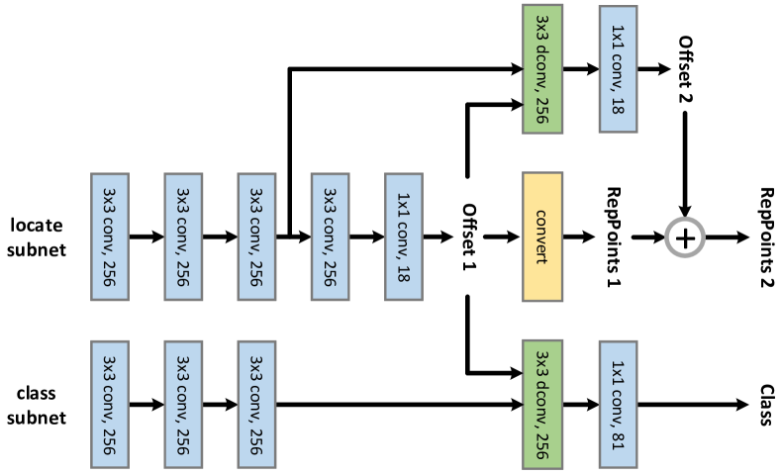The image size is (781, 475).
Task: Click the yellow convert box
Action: click(542, 237)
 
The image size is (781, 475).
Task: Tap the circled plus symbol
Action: click(684, 237)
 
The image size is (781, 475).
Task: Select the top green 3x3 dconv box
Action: click(542, 68)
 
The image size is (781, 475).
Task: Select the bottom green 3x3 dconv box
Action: click(542, 403)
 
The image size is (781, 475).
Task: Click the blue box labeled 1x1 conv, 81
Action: click(618, 403)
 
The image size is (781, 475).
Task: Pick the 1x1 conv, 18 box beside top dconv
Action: click(618, 68)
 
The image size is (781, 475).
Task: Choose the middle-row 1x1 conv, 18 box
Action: click(403, 237)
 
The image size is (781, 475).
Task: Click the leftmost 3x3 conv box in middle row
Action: click(109, 237)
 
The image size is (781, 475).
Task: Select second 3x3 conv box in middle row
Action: click(182, 237)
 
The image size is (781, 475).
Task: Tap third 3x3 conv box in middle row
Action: click(256, 237)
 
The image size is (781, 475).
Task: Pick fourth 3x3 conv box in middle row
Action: click(330, 237)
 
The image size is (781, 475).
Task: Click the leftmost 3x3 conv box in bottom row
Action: click(109, 404)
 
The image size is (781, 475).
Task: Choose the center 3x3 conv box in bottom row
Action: click(182, 404)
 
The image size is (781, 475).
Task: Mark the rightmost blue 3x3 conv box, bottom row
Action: click(256, 404)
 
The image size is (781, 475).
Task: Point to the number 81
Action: click(618, 442)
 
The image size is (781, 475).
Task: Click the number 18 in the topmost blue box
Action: click(618, 107)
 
